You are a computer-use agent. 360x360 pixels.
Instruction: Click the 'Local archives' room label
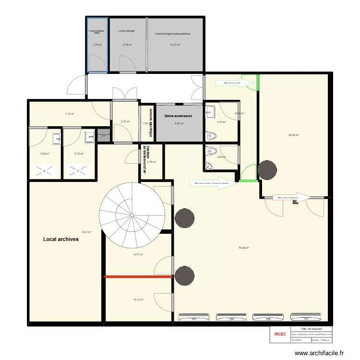[x=61, y=239]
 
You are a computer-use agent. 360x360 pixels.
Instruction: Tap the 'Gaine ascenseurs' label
[x=178, y=116]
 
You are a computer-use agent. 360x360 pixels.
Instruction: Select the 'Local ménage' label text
[x=127, y=31]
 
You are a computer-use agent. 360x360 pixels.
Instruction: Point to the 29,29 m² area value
[x=293, y=135]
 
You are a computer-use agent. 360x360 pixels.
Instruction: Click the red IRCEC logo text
[x=280, y=334]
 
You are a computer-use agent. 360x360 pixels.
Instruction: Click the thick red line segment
[x=139, y=276]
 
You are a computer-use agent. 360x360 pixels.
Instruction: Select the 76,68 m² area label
[x=244, y=248]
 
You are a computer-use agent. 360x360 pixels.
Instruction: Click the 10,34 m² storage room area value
[x=175, y=45]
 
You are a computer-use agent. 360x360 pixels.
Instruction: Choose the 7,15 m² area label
[x=70, y=114]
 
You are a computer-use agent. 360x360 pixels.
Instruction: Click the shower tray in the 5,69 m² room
[x=45, y=169]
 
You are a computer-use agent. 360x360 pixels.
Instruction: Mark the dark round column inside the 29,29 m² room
[x=267, y=169]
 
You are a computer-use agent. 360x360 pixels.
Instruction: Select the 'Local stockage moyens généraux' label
[x=173, y=34]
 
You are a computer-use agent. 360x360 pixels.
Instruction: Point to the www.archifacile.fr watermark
[x=319, y=353]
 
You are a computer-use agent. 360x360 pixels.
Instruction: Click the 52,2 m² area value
[x=86, y=231]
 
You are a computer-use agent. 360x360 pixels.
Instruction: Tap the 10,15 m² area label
[x=138, y=300]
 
